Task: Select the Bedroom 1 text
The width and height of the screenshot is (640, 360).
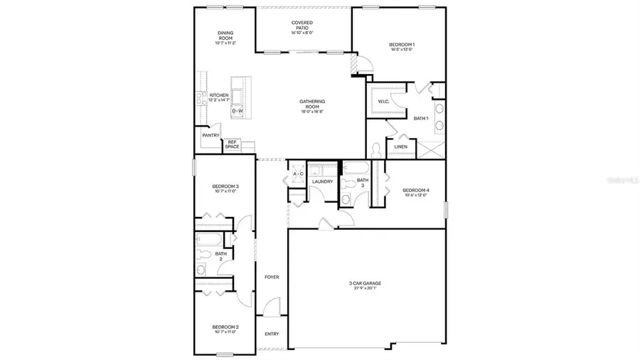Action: click(402, 45)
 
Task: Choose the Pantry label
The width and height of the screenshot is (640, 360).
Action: click(210, 135)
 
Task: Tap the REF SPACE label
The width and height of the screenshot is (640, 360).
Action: click(232, 144)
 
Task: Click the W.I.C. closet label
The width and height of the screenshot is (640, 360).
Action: click(383, 102)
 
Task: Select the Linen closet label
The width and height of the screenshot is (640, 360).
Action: click(400, 147)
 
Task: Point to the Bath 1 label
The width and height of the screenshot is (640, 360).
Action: click(421, 118)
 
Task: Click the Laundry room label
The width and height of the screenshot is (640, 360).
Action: click(322, 182)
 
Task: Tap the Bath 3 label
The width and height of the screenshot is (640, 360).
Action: click(362, 183)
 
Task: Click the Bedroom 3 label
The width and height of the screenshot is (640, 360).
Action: click(226, 189)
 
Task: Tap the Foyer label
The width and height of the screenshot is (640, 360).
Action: click(272, 277)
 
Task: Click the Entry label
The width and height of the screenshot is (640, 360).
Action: click(272, 334)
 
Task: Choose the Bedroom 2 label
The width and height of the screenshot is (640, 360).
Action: click(225, 329)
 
